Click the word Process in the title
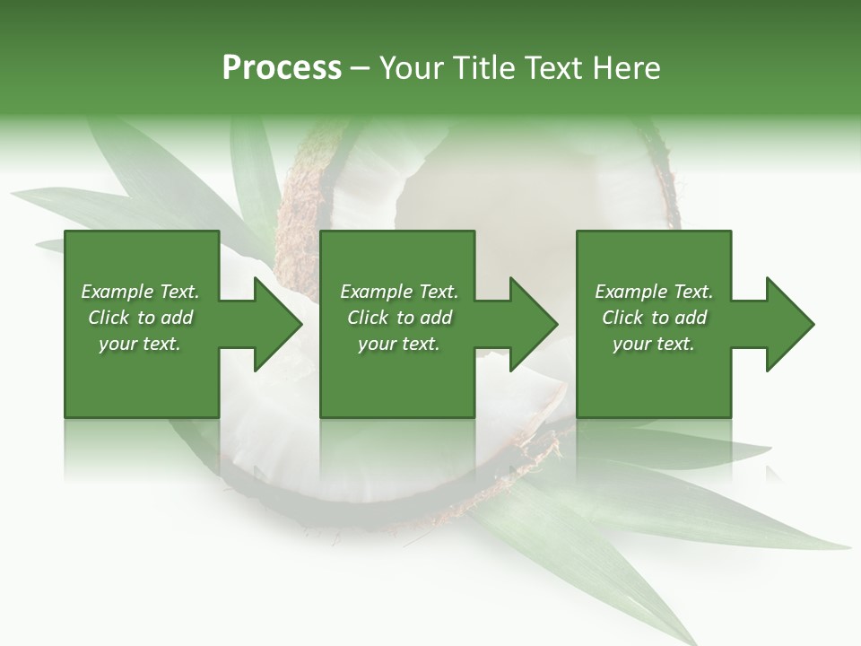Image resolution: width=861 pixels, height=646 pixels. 282,68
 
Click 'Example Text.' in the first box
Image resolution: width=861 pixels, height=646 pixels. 140,292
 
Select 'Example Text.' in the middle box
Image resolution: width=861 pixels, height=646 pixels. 399,292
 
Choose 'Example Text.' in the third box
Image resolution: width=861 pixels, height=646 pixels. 654,292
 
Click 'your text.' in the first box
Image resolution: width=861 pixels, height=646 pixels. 140,344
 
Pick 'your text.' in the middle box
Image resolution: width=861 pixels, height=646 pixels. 399,344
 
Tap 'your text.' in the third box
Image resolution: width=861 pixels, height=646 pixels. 654,344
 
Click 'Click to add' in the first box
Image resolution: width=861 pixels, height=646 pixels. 140,318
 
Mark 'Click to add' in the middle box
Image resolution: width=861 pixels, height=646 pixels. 399,318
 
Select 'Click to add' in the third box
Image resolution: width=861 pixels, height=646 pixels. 654,318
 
